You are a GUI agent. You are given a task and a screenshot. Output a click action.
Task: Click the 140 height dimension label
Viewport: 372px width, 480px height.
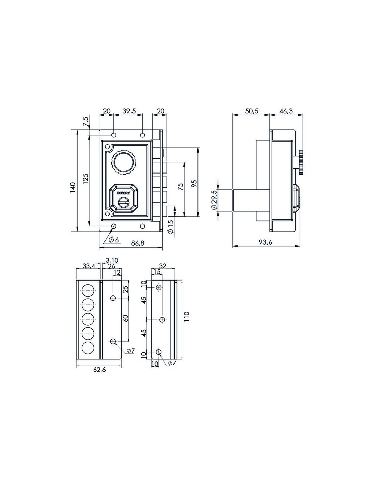(73, 187)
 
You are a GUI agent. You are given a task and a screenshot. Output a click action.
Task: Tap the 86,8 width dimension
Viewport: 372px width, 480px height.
(137, 243)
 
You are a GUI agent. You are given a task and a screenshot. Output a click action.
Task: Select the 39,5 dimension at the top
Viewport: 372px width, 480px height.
(129, 111)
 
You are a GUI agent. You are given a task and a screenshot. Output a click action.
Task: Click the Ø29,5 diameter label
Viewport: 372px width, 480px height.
(214, 200)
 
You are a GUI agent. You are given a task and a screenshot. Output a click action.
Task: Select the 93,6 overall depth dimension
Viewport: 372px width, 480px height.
(265, 242)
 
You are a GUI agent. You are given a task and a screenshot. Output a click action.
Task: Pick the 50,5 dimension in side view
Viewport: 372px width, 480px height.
(252, 111)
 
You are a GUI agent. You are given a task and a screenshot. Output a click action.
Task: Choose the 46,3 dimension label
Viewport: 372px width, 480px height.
(286, 111)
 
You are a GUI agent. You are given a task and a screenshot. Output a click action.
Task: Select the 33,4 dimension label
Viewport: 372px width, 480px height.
(89, 266)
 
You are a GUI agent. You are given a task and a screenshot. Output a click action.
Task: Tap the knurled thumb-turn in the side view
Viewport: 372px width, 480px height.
(301, 162)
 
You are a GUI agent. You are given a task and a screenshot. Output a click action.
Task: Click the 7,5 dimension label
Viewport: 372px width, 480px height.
(86, 121)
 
